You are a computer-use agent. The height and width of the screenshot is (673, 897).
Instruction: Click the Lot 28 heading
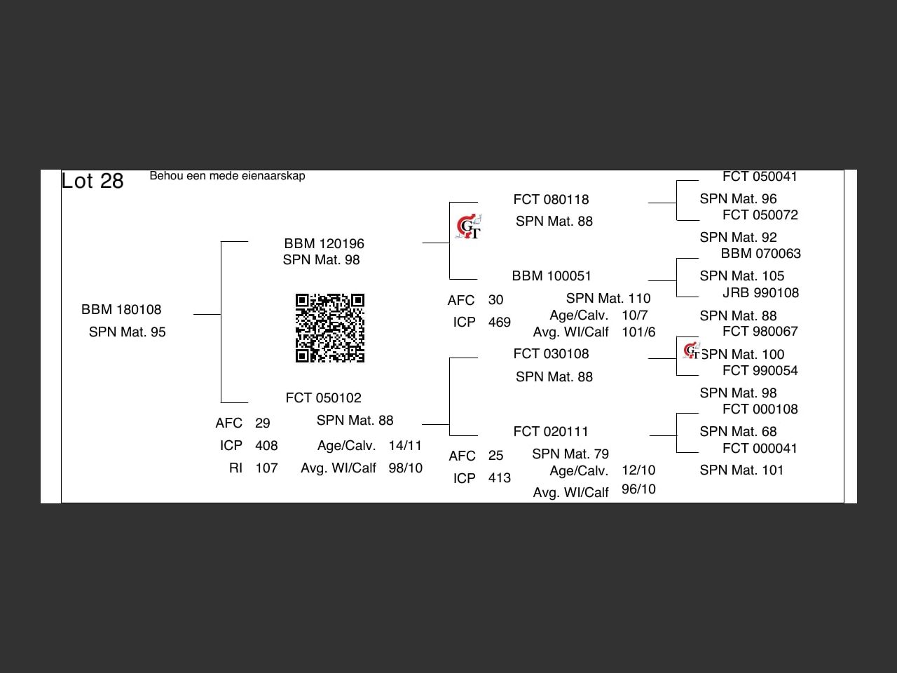coord(93,181)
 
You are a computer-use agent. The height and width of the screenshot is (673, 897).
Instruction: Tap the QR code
coord(330,328)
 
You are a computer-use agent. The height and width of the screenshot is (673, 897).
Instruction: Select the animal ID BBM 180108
coord(121,310)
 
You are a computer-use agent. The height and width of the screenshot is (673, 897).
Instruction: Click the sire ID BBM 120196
coord(324,244)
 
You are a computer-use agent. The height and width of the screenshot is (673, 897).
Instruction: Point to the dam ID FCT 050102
coord(323,398)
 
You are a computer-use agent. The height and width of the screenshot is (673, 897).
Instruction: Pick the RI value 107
coord(266,468)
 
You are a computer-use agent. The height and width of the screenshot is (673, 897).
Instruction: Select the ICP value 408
coord(266,446)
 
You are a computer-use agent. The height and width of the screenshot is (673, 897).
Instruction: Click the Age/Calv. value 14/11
coord(405,446)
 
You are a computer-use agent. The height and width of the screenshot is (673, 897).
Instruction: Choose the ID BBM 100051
coord(552,276)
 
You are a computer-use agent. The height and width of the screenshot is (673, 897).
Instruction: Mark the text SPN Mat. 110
coord(608,299)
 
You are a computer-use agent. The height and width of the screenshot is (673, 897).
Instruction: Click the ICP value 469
coord(499,322)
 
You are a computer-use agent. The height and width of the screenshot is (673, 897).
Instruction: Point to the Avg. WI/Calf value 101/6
coord(638,332)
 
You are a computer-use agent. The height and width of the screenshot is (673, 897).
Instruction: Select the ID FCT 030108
coord(551,354)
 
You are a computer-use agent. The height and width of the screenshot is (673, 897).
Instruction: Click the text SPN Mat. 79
coord(570,454)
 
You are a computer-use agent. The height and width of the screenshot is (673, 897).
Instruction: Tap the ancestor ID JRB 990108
coord(760,293)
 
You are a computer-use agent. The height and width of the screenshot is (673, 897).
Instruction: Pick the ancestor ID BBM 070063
coord(760,254)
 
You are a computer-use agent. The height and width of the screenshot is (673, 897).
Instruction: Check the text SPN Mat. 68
coord(738,432)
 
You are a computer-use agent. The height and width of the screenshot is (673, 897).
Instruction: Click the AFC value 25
coord(495,456)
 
